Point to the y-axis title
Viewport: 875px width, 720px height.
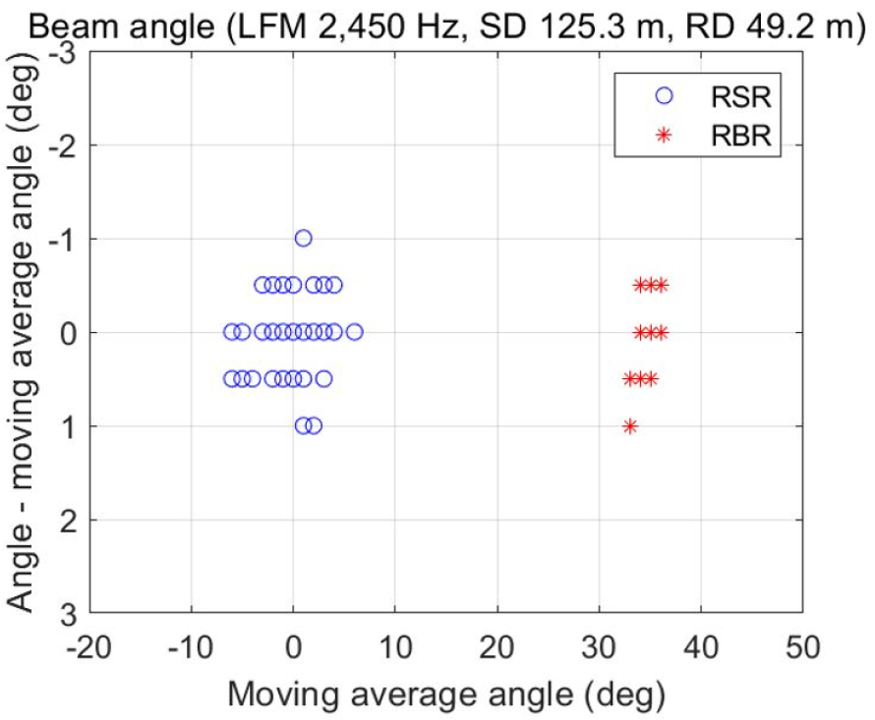22,334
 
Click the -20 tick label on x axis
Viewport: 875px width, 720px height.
90,649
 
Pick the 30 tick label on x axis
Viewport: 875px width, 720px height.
599,649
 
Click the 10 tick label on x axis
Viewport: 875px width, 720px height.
395,649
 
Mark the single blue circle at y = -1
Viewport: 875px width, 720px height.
303,238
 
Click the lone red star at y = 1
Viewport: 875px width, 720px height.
629,426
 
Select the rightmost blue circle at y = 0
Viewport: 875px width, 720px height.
354,332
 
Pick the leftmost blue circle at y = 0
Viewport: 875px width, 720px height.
232,332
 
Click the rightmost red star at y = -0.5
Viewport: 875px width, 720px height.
660,285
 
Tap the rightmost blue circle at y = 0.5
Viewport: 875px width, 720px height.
323,379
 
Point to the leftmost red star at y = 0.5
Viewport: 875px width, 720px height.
629,379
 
